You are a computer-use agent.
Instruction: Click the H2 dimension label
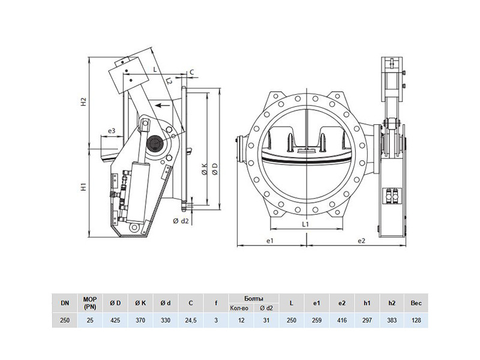(x=83, y=102)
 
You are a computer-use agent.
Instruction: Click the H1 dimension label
(x=83, y=187)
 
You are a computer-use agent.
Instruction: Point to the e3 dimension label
(x=112, y=131)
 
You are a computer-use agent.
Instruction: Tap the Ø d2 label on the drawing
(x=181, y=221)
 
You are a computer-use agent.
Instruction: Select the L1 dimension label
(x=305, y=224)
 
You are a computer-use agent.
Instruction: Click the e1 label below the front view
(x=269, y=241)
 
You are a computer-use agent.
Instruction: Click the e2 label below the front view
(x=362, y=241)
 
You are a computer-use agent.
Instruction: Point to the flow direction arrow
(x=162, y=106)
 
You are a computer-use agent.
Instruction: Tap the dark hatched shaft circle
(x=155, y=143)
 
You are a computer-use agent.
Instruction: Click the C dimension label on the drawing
(x=191, y=72)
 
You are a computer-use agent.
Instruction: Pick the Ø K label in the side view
(x=205, y=169)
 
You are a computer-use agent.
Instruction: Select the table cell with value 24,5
(x=191, y=320)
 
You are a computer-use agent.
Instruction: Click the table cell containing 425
(x=115, y=320)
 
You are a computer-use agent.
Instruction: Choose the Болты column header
(x=253, y=298)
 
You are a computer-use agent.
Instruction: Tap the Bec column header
(x=416, y=303)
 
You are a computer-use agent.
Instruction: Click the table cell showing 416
(x=342, y=320)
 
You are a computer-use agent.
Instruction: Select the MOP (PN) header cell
(x=90, y=303)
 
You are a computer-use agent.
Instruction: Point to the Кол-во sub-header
(x=241, y=308)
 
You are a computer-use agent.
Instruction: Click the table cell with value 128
(x=416, y=320)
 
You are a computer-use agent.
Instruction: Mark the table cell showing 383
(x=392, y=320)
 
